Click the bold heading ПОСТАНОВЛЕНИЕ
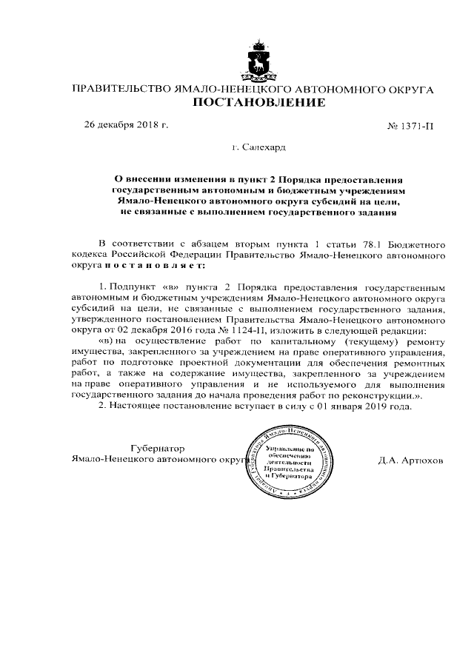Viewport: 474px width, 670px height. pos(258,104)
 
